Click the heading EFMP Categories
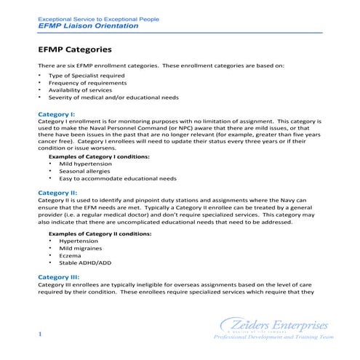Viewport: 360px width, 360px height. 73,51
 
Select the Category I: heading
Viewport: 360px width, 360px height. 56,114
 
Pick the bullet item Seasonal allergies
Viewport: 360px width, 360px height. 76,170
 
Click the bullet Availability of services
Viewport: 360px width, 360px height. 81,89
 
